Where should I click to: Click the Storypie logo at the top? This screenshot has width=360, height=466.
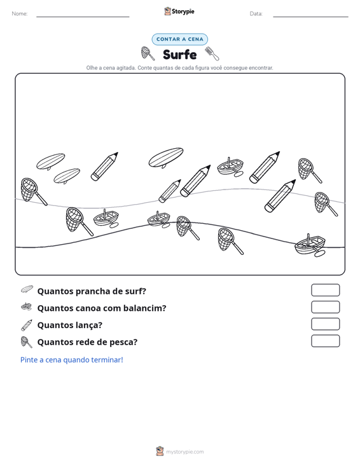pos(179,11)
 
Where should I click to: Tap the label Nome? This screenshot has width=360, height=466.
pos(20,14)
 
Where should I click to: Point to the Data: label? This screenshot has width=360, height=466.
pos(256,14)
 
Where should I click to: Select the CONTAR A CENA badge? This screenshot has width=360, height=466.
pos(179,39)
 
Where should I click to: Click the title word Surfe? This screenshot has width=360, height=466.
pos(179,55)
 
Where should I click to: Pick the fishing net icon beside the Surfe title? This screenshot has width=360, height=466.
pos(148,53)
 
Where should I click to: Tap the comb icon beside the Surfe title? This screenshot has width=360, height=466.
pos(212,53)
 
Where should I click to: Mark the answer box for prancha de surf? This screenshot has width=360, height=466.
pos(325,290)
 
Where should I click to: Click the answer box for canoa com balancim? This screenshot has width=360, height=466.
pos(325,307)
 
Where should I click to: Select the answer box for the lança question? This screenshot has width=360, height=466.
pos(325,324)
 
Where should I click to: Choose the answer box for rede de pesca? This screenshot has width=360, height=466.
pos(325,341)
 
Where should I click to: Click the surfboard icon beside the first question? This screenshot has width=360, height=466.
pos(27,289)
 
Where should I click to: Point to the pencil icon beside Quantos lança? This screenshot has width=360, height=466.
pos(27,325)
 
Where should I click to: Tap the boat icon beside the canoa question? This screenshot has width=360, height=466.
pos(27,306)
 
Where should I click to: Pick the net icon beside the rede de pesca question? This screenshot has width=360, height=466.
pos(27,342)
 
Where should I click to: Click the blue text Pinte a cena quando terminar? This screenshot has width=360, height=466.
pos(72,360)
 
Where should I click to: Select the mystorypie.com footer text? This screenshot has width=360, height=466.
pos(184,452)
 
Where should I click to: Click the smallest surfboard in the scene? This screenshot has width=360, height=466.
pos(67,176)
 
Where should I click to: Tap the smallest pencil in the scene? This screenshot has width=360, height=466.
pos(170,191)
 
